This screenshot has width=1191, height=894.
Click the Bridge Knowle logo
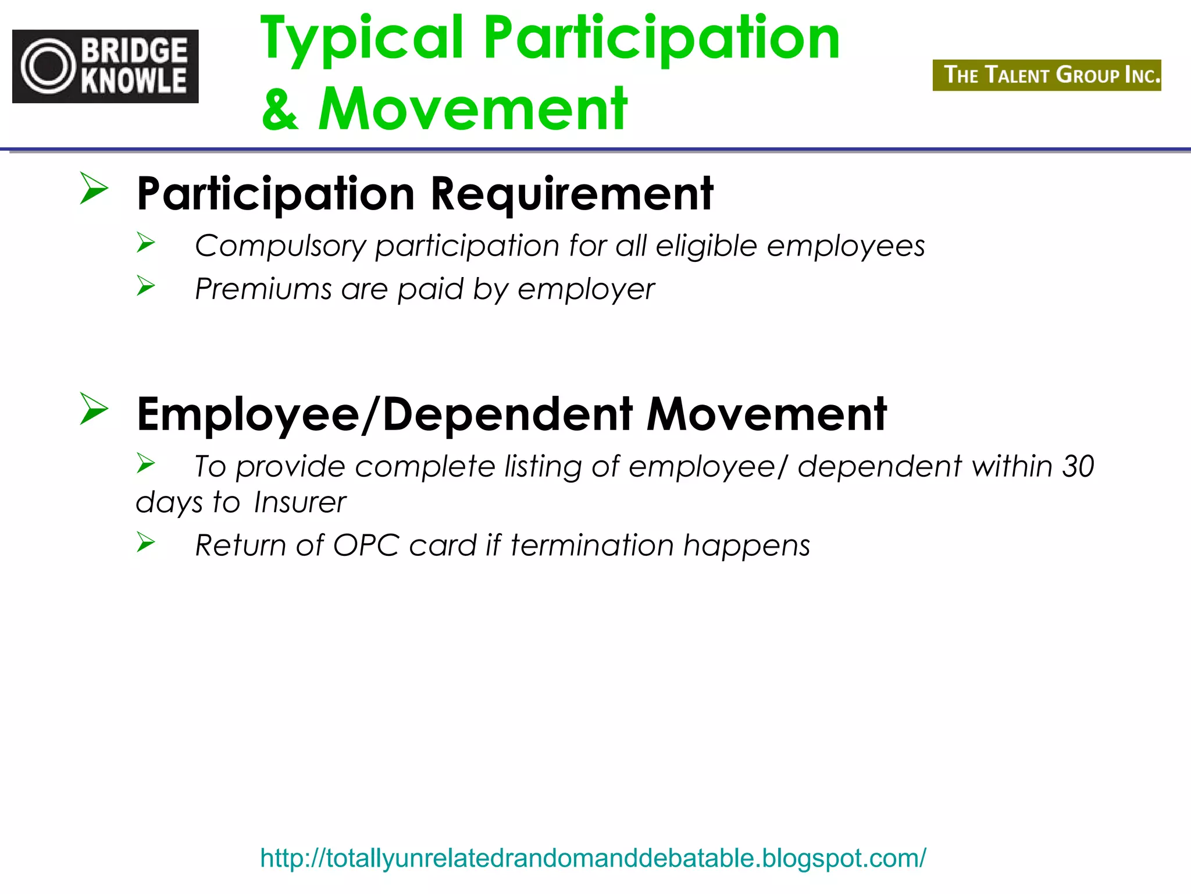pyautogui.click(x=105, y=66)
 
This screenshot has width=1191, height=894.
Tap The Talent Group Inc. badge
pyautogui.click(x=1046, y=75)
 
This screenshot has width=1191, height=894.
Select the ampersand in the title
pyautogui.click(x=280, y=110)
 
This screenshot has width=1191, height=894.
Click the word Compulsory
pyautogui.click(x=280, y=246)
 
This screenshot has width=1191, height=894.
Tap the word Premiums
pyautogui.click(x=263, y=289)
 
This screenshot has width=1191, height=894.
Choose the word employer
pyautogui.click(x=586, y=289)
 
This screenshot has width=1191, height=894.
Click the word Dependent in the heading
pyautogui.click(x=507, y=414)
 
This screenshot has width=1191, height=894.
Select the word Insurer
pyautogui.click(x=300, y=502)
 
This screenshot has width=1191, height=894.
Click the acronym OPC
pyautogui.click(x=366, y=545)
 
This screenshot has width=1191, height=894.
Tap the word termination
pyautogui.click(x=592, y=545)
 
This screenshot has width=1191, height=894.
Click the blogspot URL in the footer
pyautogui.click(x=593, y=858)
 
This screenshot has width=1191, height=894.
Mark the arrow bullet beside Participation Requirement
pyautogui.click(x=94, y=188)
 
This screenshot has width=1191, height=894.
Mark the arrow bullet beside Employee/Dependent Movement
pyautogui.click(x=94, y=409)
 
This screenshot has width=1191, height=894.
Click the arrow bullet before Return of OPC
pyautogui.click(x=146, y=542)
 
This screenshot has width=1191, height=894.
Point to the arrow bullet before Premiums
pyautogui.click(x=146, y=285)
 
